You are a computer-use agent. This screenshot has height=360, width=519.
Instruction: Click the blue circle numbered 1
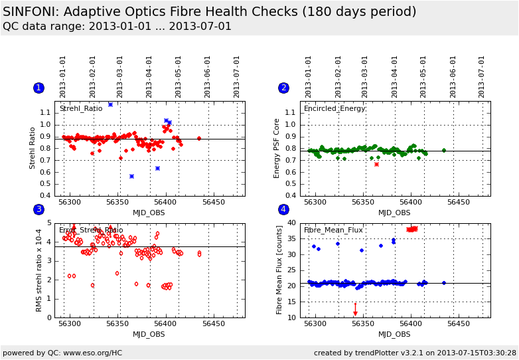pos(38,88)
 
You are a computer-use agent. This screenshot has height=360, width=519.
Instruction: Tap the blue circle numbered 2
pos(283,88)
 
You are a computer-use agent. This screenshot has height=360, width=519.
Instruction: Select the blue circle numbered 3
pos(38,210)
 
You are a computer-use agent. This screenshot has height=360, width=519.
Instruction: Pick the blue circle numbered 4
pos(283,210)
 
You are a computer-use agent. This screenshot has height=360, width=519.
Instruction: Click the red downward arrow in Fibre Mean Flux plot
pos(355,311)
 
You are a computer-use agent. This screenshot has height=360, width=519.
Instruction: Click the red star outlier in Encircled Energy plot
pos(376,164)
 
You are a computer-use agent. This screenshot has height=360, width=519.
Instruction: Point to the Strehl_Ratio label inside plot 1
pos(81,108)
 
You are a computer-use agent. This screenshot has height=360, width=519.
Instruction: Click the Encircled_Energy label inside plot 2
pos(334,108)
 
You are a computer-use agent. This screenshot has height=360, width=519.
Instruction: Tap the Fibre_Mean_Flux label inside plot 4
pos(333,230)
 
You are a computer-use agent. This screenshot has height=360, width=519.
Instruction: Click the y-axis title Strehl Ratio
pos(33,148)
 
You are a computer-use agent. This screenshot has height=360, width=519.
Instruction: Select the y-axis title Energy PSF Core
pos(277,148)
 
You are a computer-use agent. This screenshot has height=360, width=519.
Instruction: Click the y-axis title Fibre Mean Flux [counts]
pos(279,270)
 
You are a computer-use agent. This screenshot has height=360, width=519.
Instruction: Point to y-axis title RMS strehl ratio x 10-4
pos(39,270)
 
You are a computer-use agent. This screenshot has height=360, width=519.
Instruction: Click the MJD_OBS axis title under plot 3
pos(149,334)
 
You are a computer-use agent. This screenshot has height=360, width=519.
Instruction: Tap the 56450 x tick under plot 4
pos(459,323)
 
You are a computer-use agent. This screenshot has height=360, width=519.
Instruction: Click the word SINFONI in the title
pos(33,12)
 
